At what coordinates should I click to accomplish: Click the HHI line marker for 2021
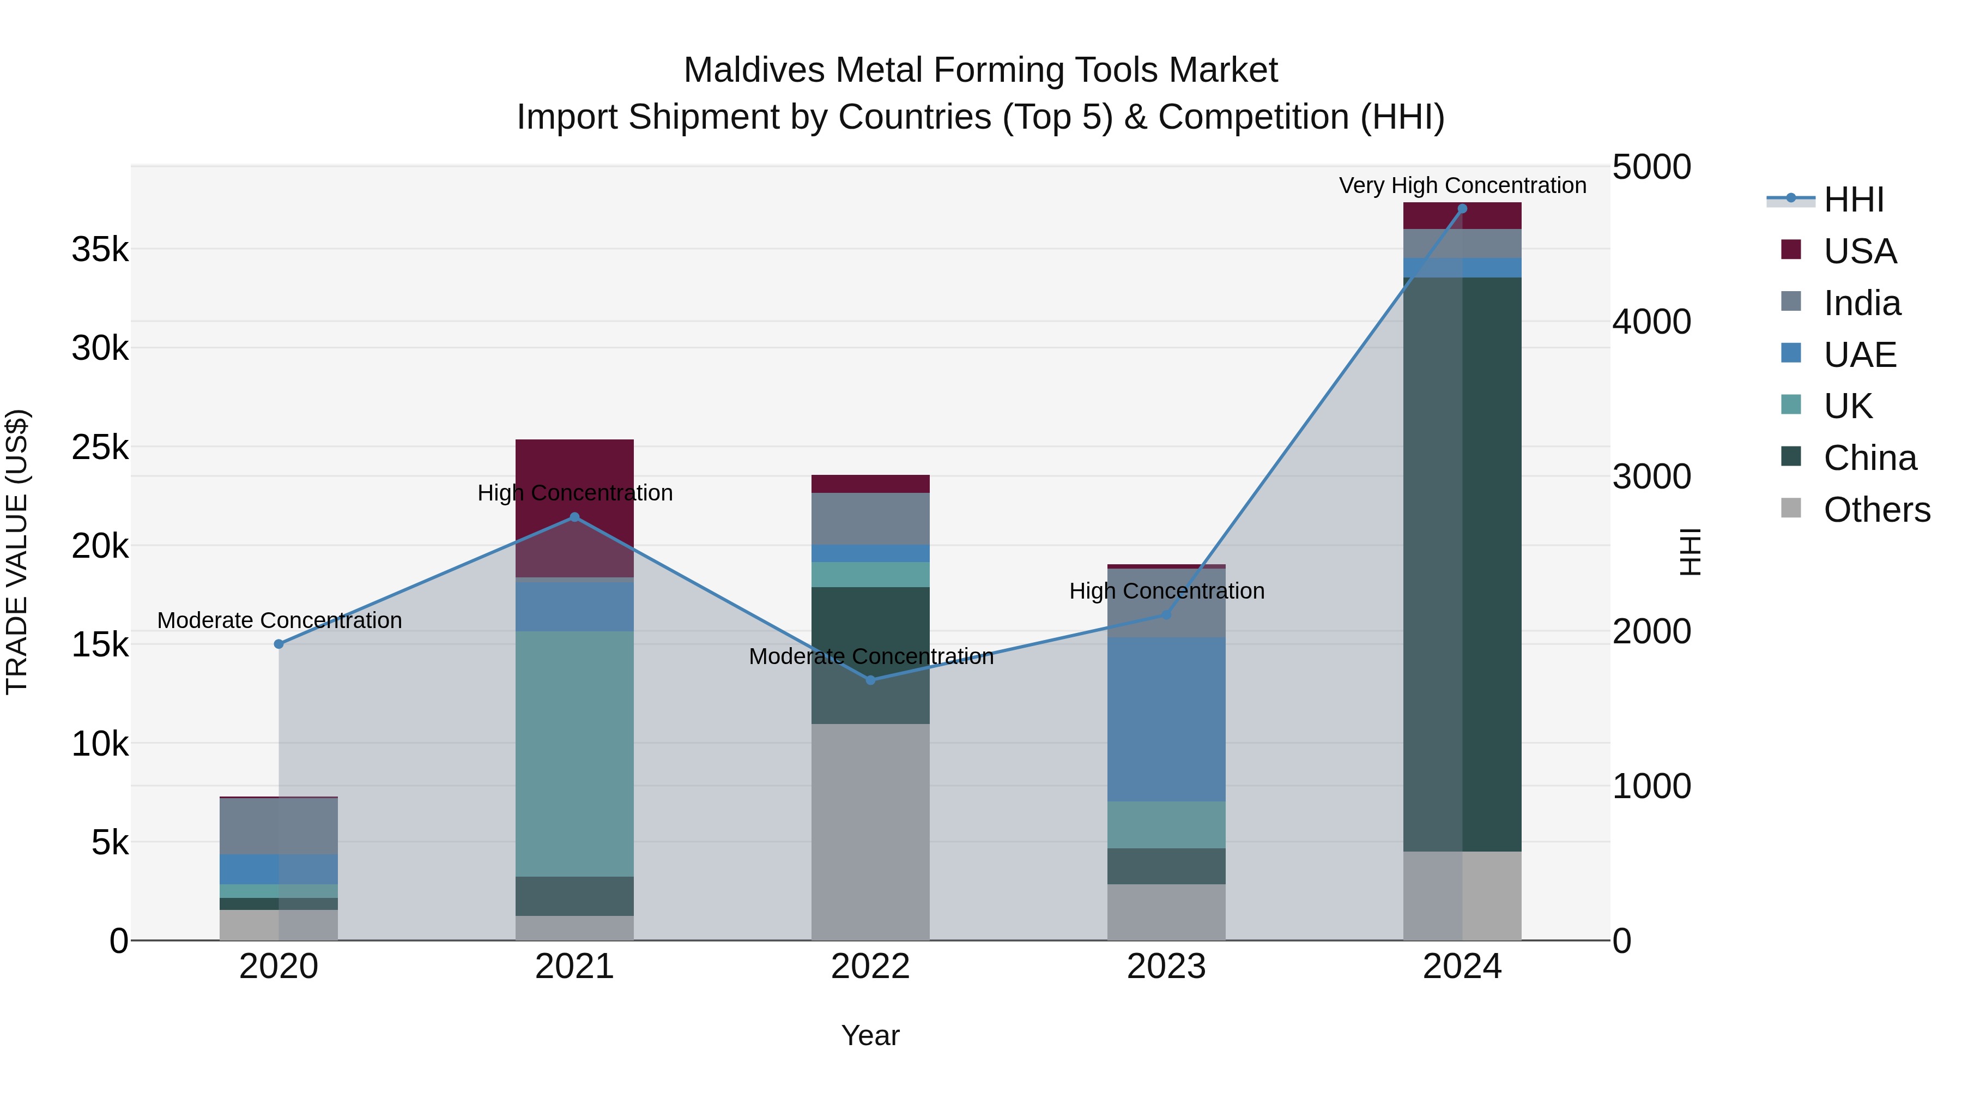coord(574,517)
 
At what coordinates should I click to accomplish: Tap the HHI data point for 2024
coord(1462,209)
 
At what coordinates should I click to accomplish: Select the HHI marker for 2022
coord(870,680)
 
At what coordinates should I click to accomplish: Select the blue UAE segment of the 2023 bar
coord(1166,719)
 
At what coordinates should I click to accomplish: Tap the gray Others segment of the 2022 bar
coord(870,830)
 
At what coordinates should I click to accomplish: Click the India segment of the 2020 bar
coord(278,826)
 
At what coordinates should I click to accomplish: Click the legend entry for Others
coord(1876,509)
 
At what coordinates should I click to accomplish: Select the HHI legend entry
coord(1852,200)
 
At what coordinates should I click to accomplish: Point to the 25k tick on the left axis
coord(100,447)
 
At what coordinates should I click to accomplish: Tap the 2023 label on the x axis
coord(1166,967)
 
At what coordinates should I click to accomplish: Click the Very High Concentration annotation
coord(1462,185)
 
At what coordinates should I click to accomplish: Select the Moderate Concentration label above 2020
coord(278,620)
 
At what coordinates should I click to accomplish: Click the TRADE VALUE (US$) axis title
coord(17,552)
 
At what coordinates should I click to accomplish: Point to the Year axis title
coord(870,1035)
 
